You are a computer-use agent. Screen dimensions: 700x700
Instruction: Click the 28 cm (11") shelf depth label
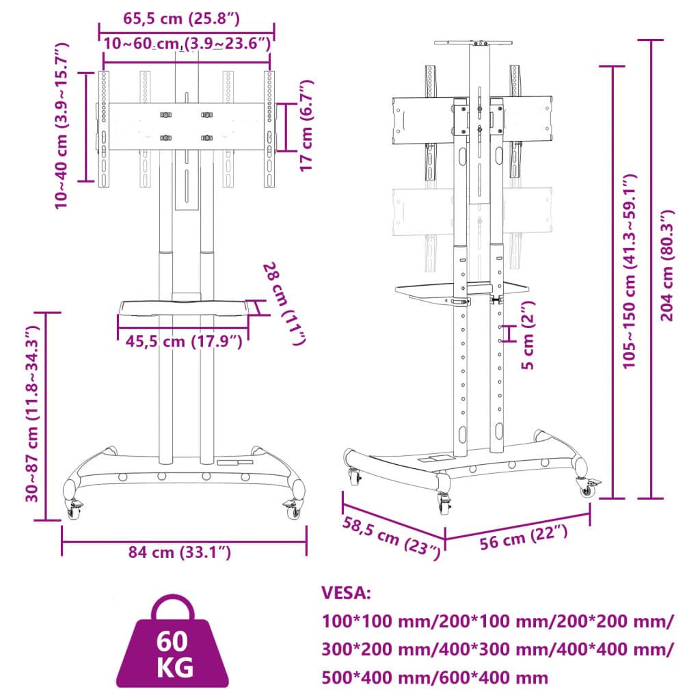(284, 303)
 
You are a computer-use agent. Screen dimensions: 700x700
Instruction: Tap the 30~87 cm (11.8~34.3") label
(30, 414)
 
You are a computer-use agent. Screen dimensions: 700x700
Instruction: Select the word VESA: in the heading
(346, 593)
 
